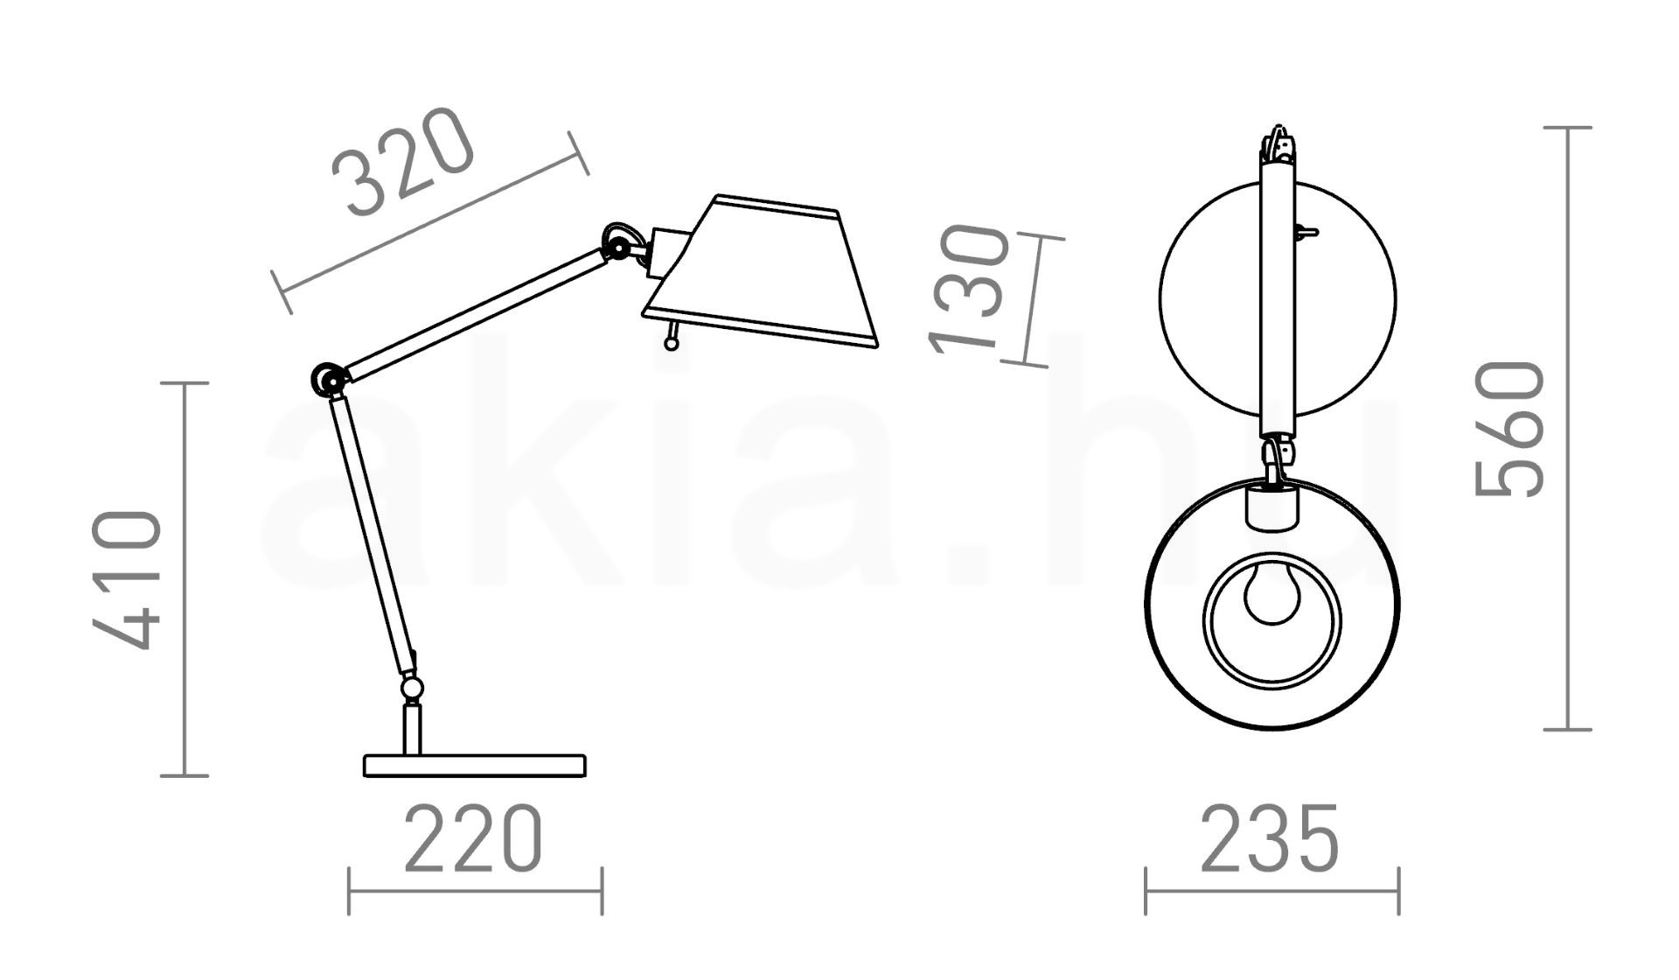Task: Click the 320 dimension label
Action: pyautogui.click(x=403, y=163)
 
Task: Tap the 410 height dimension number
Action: pyautogui.click(x=128, y=580)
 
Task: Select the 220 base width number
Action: pyautogui.click(x=473, y=839)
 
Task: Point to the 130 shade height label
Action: pyautogui.click(x=969, y=290)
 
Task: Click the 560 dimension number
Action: pyautogui.click(x=1510, y=429)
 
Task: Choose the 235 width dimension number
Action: pyautogui.click(x=1269, y=839)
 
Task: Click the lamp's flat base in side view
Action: pyautogui.click(x=474, y=766)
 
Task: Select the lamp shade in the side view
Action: pyautogui.click(x=759, y=271)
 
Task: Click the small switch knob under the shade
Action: pyautogui.click(x=672, y=337)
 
